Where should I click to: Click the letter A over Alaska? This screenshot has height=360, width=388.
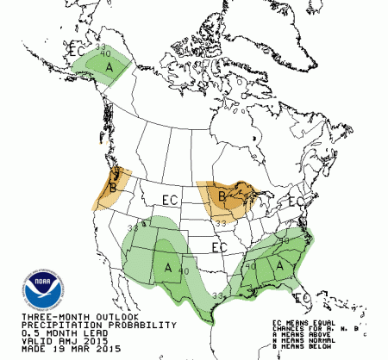(x=109, y=67)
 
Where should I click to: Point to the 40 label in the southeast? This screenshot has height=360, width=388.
(x=251, y=266)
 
